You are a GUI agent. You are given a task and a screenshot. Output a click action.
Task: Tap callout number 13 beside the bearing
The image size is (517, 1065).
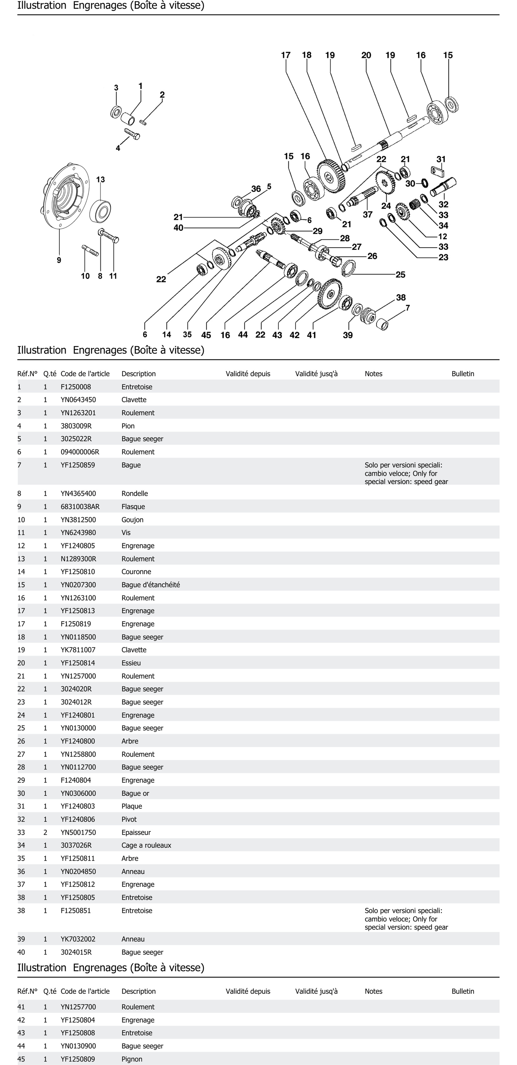(101, 179)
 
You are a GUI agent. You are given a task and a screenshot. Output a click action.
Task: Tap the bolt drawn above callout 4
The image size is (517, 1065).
(132, 134)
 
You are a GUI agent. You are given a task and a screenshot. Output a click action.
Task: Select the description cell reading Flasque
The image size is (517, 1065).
(133, 506)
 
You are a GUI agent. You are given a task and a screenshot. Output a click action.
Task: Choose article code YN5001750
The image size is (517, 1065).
(78, 832)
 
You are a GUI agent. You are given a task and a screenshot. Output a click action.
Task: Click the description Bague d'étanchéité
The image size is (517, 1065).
(151, 585)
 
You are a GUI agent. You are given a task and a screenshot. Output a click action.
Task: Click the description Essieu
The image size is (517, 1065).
(131, 663)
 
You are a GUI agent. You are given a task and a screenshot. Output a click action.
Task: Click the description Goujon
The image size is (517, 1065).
(132, 520)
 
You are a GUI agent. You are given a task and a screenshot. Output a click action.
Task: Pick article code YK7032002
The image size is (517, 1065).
(78, 939)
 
